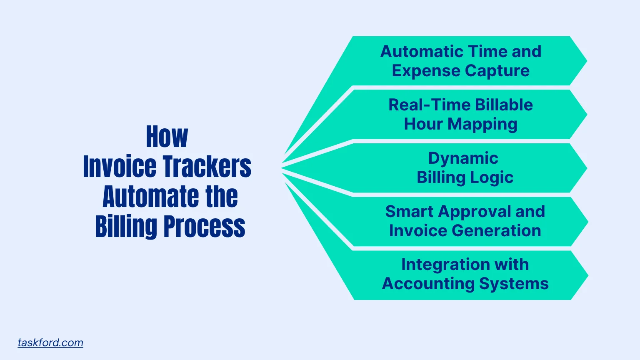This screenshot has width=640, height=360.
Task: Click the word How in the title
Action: click(167, 137)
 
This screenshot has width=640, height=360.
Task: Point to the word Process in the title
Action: click(204, 227)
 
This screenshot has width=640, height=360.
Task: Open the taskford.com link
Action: click(50, 342)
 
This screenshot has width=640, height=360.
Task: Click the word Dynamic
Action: click(463, 158)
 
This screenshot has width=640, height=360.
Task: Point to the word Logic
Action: click(491, 177)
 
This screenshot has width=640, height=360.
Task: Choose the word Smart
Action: click(409, 212)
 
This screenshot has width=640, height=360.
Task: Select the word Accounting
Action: click(428, 284)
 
